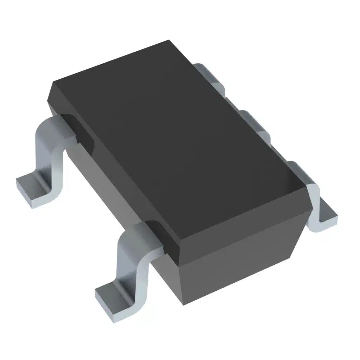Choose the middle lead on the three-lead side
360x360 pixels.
pyautogui.click(x=255, y=123)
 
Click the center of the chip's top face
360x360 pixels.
pyautogui.click(x=179, y=141)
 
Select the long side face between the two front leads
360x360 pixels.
pyautogui.click(x=105, y=186)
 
